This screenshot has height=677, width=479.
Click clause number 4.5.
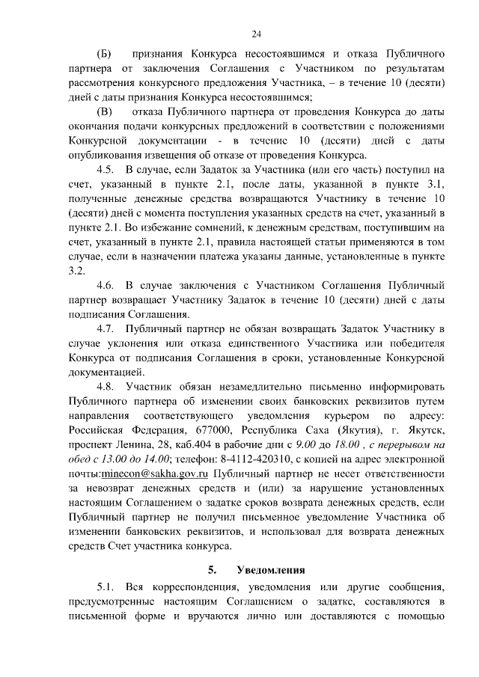click(106, 170)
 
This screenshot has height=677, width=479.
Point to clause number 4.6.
click(106, 285)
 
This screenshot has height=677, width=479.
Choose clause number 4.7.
click(106, 328)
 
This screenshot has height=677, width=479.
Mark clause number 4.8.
click(106, 386)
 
